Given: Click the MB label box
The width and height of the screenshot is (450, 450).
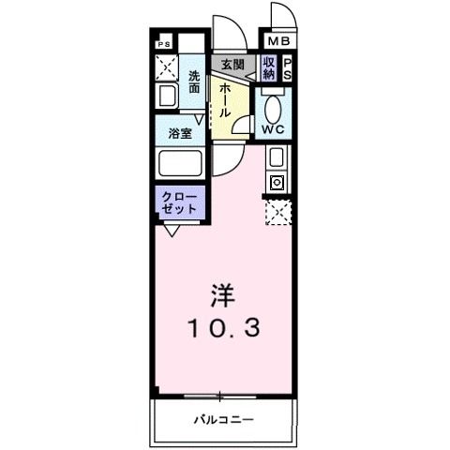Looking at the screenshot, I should coord(280,42).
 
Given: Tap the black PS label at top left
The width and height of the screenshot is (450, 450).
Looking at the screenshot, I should coord(164,43).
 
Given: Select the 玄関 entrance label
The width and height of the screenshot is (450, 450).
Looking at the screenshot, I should coord(232,65).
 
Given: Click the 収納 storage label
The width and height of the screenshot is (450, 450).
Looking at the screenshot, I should coord(269,67).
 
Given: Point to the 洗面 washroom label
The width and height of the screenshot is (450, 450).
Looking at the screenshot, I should coord(194,82).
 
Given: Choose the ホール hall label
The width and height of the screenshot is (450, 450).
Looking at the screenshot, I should coord(228,97).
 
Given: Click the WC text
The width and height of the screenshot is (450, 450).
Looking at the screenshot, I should coord(275,128).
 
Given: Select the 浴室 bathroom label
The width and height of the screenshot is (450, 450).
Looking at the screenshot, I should coord(181,133).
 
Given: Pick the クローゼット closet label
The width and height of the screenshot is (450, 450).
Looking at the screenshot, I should coord(179,202).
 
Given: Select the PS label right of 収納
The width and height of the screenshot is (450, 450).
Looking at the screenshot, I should coord(288,67).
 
